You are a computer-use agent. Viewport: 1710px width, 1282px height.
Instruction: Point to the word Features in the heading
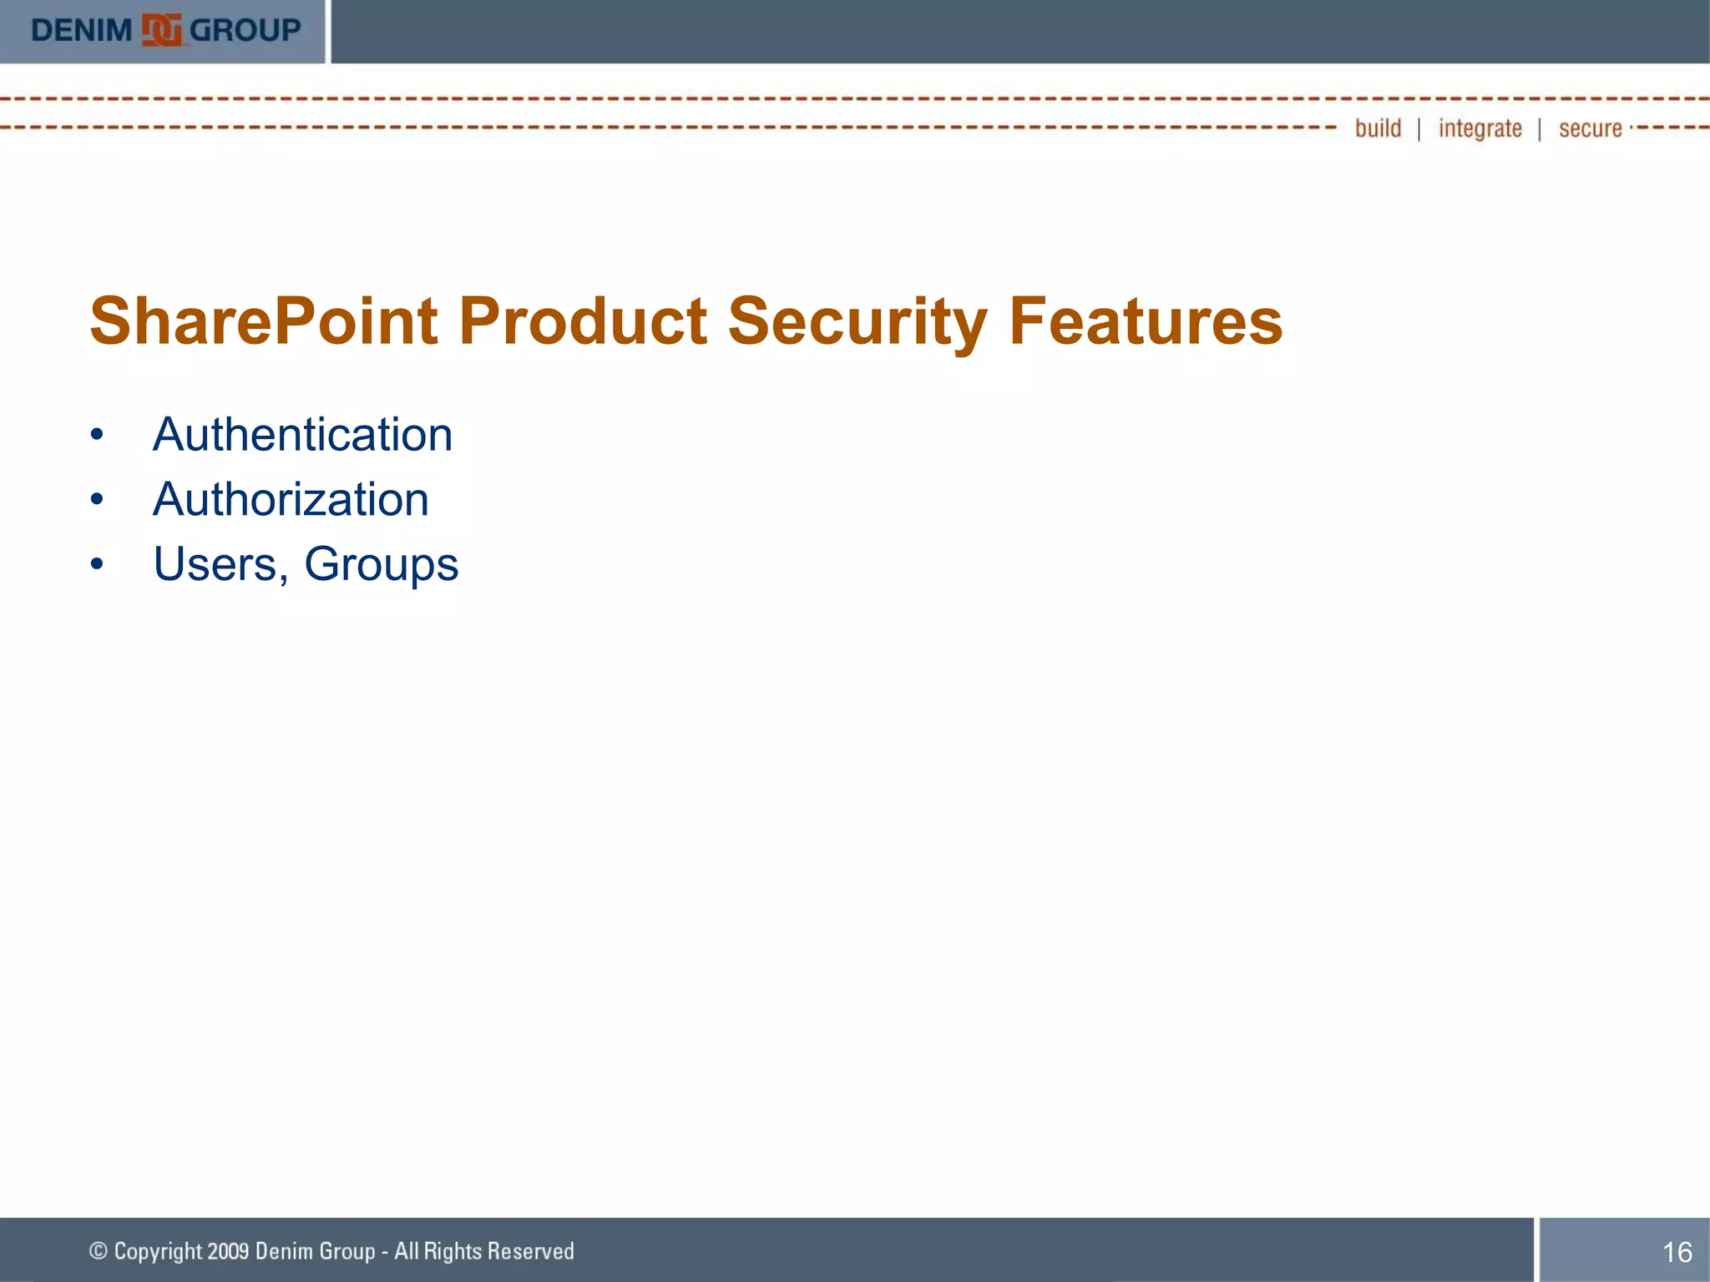[x=1146, y=322]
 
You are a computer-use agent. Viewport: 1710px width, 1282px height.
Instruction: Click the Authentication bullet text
[x=302, y=435]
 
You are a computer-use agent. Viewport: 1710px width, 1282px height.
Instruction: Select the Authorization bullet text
[x=291, y=500]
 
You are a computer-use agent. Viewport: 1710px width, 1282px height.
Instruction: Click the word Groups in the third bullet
[x=381, y=565]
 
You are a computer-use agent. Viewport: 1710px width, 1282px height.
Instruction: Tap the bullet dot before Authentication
[x=98, y=435]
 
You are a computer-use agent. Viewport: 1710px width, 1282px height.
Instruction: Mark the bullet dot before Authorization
[x=98, y=500]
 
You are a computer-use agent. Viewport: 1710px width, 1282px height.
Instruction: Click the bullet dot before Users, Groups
[x=98, y=565]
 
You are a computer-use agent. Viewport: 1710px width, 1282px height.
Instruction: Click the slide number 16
[x=1677, y=1252]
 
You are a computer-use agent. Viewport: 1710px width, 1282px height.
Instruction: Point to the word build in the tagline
[x=1378, y=129]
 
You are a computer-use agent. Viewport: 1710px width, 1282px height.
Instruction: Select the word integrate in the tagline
[x=1480, y=129]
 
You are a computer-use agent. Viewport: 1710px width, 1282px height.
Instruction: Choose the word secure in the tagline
[x=1590, y=129]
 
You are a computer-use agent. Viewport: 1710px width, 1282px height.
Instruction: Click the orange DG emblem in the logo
[x=161, y=31]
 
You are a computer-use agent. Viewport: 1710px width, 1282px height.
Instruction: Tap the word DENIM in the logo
[x=82, y=31]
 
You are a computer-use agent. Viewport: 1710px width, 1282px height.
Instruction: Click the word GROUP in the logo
[x=245, y=31]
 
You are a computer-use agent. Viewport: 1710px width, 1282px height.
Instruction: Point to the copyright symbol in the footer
[x=99, y=1250]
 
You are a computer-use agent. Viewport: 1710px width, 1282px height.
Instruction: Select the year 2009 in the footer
[x=228, y=1251]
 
